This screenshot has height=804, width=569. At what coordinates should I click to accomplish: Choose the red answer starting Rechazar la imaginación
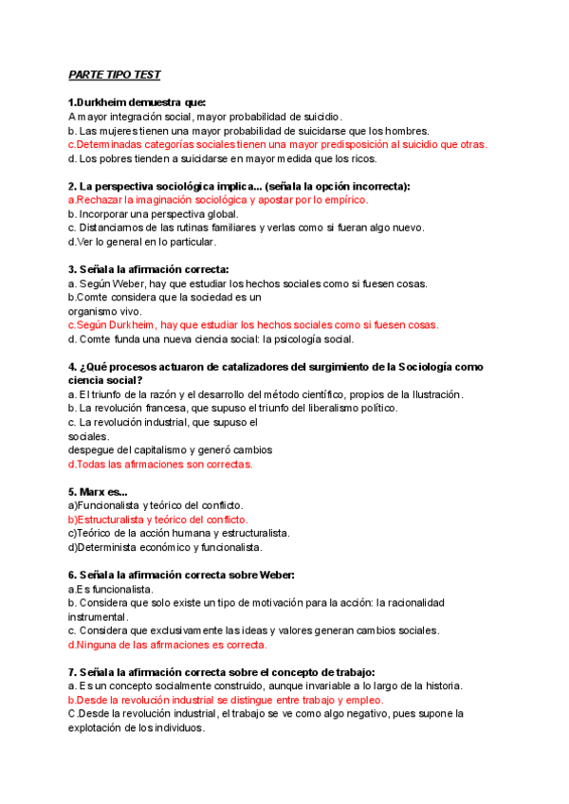(217, 200)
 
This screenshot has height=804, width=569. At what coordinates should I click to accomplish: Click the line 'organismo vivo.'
(104, 311)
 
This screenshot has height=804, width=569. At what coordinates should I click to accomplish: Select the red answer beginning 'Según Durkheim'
(253, 324)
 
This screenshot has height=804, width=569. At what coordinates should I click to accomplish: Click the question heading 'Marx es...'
(98, 492)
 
